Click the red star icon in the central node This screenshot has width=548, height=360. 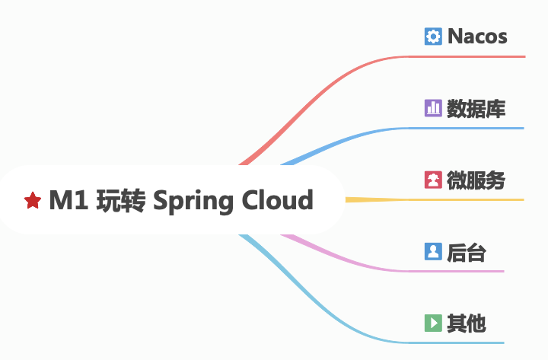(x=33, y=201)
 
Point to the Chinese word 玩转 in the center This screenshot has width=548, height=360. (x=121, y=200)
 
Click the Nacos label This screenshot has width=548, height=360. (x=477, y=36)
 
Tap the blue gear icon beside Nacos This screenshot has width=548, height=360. (x=433, y=36)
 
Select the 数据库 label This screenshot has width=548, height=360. (x=476, y=108)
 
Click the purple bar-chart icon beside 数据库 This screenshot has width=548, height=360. (x=433, y=108)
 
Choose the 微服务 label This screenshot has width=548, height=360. (x=476, y=180)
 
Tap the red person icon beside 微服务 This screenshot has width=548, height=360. (x=433, y=180)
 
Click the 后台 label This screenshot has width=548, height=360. (x=466, y=252)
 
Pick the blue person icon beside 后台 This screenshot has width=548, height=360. (x=433, y=252)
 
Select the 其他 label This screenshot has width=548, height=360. (x=466, y=323)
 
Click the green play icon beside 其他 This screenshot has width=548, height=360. (x=433, y=323)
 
